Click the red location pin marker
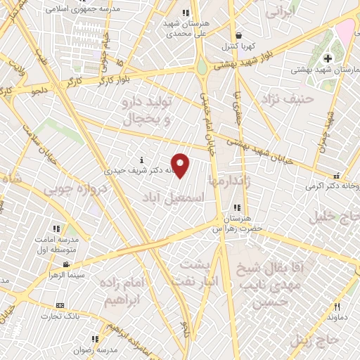pyautogui.click(x=181, y=165)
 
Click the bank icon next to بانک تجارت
pyautogui.click(x=59, y=305)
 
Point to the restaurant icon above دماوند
pyautogui.click(x=337, y=307)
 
